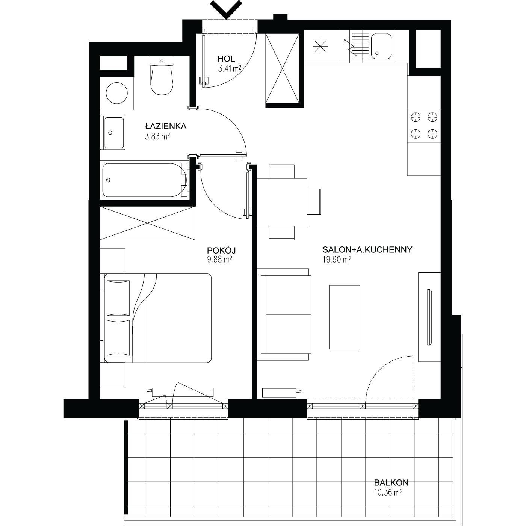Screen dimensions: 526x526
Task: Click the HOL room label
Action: [x=226, y=59]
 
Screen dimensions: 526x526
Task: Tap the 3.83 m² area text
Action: [x=157, y=136]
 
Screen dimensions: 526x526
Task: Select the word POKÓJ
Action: [x=221, y=250]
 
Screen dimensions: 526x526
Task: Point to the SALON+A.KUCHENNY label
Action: [x=367, y=250]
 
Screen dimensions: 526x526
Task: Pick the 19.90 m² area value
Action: [x=337, y=260]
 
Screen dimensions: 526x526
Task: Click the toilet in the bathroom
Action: [x=162, y=76]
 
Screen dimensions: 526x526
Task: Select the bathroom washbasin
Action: [x=113, y=133]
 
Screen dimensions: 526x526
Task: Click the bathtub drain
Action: [x=109, y=180]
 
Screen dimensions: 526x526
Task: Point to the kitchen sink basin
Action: [x=381, y=46]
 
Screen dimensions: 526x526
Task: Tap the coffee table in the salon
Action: [x=344, y=317]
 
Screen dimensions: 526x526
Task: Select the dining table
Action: [x=282, y=202]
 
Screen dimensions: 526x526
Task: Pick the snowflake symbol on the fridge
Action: [x=320, y=47]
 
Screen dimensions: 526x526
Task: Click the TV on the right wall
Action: [x=429, y=317]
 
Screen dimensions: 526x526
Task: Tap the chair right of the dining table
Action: [x=314, y=202]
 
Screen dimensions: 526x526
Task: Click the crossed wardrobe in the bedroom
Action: [x=147, y=223]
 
